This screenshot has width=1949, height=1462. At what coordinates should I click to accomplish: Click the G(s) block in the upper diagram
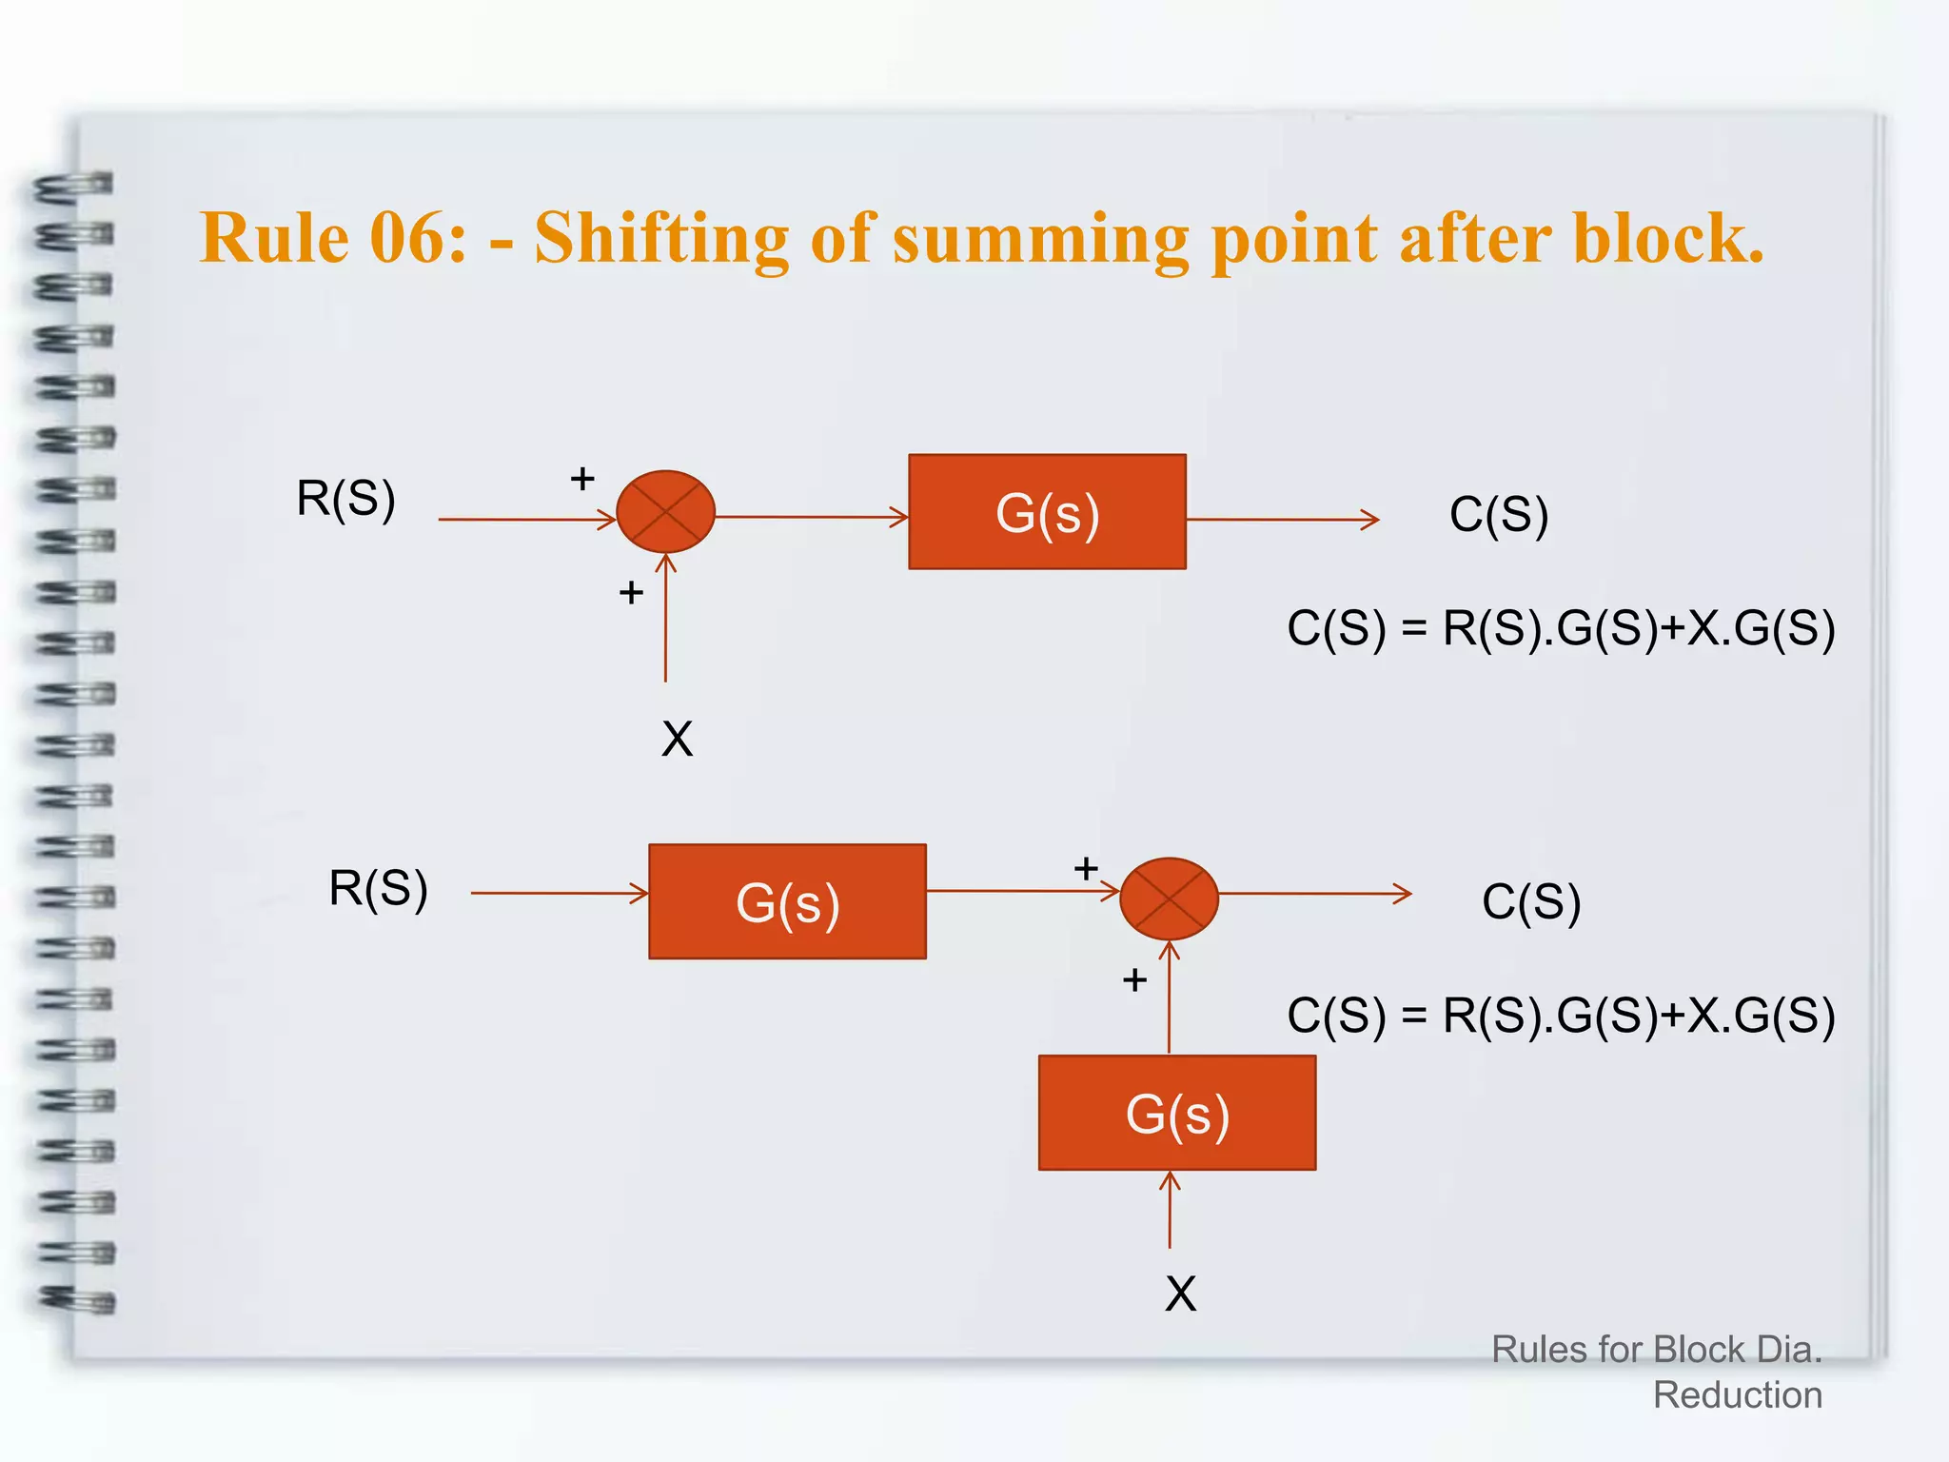pos(1047,512)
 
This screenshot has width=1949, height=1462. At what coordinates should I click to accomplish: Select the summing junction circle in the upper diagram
pos(665,511)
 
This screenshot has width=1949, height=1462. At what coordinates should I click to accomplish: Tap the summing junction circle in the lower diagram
pos(1169,899)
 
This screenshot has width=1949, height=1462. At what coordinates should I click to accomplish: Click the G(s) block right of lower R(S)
pos(787,901)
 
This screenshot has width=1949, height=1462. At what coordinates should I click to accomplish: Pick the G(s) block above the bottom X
pos(1177,1113)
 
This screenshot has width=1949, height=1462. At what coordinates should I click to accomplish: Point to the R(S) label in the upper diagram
pos(345,498)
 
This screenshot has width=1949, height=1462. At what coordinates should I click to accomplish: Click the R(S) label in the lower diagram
pos(378,888)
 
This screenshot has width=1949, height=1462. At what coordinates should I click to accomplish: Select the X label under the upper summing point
pos(677,739)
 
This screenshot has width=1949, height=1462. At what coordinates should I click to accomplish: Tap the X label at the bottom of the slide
pos(1180,1294)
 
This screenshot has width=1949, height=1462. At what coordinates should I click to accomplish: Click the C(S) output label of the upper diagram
pos(1499,515)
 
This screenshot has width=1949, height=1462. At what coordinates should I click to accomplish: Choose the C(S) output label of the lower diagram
pos(1531,901)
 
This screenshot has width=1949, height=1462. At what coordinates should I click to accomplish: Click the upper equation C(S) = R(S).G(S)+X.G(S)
pos(1561,629)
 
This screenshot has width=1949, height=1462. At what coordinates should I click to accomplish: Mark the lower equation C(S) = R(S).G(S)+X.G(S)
pos(1561,1016)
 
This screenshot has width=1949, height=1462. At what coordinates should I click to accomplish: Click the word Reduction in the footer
pos(1737,1395)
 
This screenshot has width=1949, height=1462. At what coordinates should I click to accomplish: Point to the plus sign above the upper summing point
pos(582,478)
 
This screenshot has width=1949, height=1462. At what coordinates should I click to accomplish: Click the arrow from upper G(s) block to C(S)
pos(1283,520)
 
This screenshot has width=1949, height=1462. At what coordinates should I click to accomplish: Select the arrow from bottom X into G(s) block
pos(1170,1211)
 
